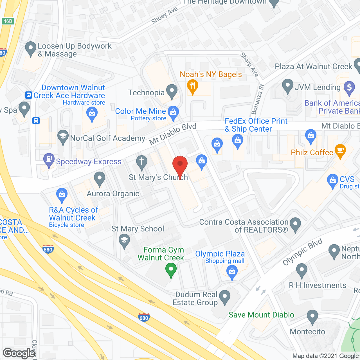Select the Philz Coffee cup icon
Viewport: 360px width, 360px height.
[340, 151]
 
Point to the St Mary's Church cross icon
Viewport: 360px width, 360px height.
[141, 162]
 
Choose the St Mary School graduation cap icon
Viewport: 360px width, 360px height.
[124, 241]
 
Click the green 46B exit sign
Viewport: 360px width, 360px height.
[7, 21]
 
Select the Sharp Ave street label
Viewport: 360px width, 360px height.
[249, 64]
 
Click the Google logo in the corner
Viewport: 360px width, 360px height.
[19, 353]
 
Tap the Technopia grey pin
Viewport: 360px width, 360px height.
[172, 91]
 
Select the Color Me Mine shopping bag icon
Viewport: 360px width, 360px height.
[173, 112]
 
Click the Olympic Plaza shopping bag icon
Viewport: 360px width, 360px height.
[232, 272]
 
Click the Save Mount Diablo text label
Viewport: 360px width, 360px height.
[261, 315]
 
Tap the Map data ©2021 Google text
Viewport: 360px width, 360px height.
[326, 356]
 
